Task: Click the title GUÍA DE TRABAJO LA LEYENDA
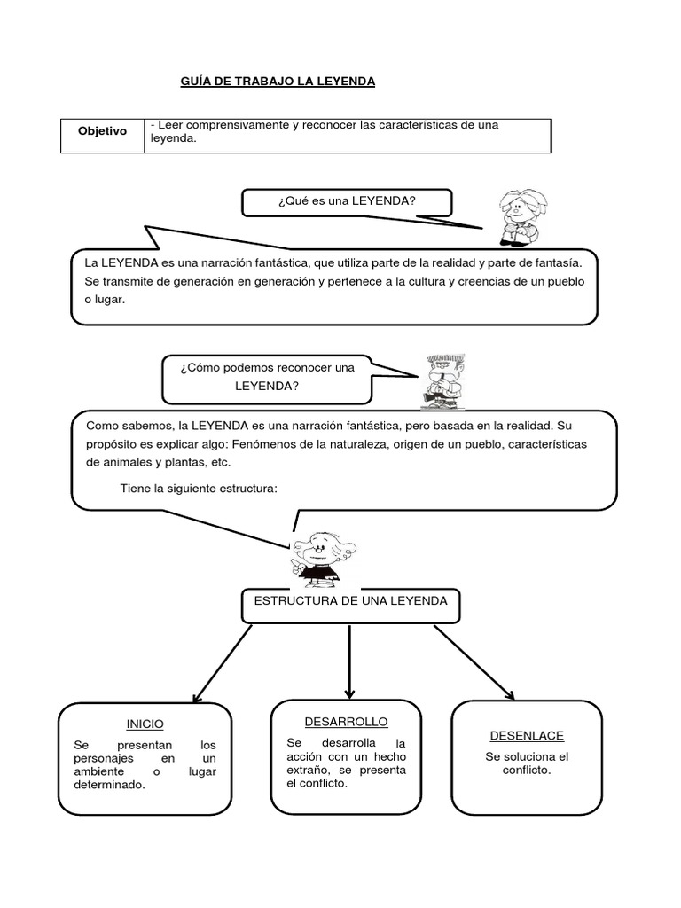(278, 82)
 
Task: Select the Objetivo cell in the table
(102, 131)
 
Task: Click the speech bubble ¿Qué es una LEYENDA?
(347, 201)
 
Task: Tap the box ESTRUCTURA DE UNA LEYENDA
(350, 601)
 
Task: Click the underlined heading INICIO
(145, 724)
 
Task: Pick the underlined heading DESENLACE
(527, 736)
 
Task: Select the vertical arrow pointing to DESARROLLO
(350, 661)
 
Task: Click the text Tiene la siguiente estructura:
(199, 488)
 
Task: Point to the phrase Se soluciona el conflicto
(527, 763)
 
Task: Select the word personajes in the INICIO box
(104, 759)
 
